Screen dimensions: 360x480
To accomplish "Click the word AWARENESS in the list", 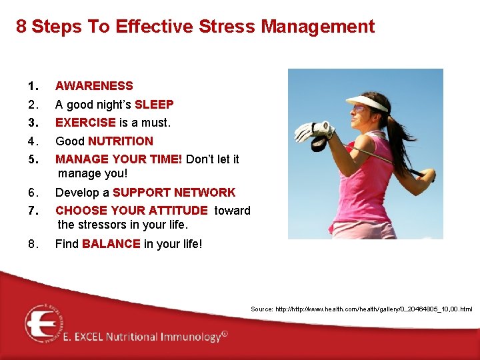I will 94,86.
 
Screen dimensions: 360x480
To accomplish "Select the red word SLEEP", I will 154,105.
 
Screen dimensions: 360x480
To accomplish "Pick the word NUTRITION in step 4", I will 121,141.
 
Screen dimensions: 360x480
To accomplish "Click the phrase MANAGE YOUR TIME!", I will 119,159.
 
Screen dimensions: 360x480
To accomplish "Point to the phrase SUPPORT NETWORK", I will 174,193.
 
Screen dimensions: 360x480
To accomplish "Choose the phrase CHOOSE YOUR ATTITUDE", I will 131,211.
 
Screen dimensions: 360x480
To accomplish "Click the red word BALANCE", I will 111,244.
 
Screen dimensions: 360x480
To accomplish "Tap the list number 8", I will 33,244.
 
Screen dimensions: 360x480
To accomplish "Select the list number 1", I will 32,86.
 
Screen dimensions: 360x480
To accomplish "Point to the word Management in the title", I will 318,27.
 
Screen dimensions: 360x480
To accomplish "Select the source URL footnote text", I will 361,309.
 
